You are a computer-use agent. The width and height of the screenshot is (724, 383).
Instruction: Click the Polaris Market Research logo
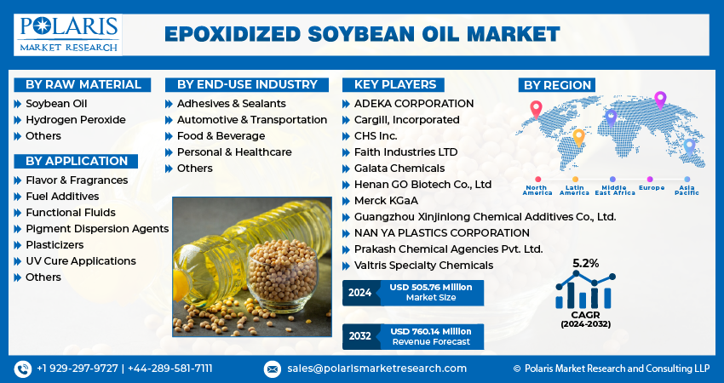68,33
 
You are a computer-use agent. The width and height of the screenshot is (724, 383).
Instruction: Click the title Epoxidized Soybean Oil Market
362,34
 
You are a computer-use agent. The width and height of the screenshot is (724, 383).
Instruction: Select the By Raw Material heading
83,84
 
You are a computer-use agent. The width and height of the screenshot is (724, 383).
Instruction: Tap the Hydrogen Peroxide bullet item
75,120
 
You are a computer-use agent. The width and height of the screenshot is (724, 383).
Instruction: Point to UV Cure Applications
80,261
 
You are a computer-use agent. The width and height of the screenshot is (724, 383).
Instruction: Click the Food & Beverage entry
221,136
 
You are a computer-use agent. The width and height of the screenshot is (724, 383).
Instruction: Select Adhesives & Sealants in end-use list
230,104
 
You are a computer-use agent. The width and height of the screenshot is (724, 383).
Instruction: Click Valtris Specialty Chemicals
423,266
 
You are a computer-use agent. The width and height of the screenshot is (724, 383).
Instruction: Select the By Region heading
557,85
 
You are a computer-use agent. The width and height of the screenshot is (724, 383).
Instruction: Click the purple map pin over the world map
659,99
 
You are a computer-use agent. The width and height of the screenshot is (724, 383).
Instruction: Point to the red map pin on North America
536,108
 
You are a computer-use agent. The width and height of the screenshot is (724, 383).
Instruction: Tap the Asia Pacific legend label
687,191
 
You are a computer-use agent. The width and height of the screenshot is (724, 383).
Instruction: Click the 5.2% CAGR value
585,263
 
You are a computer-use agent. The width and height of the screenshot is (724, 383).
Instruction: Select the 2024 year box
359,294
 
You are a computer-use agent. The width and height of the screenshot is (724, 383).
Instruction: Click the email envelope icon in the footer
272,369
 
